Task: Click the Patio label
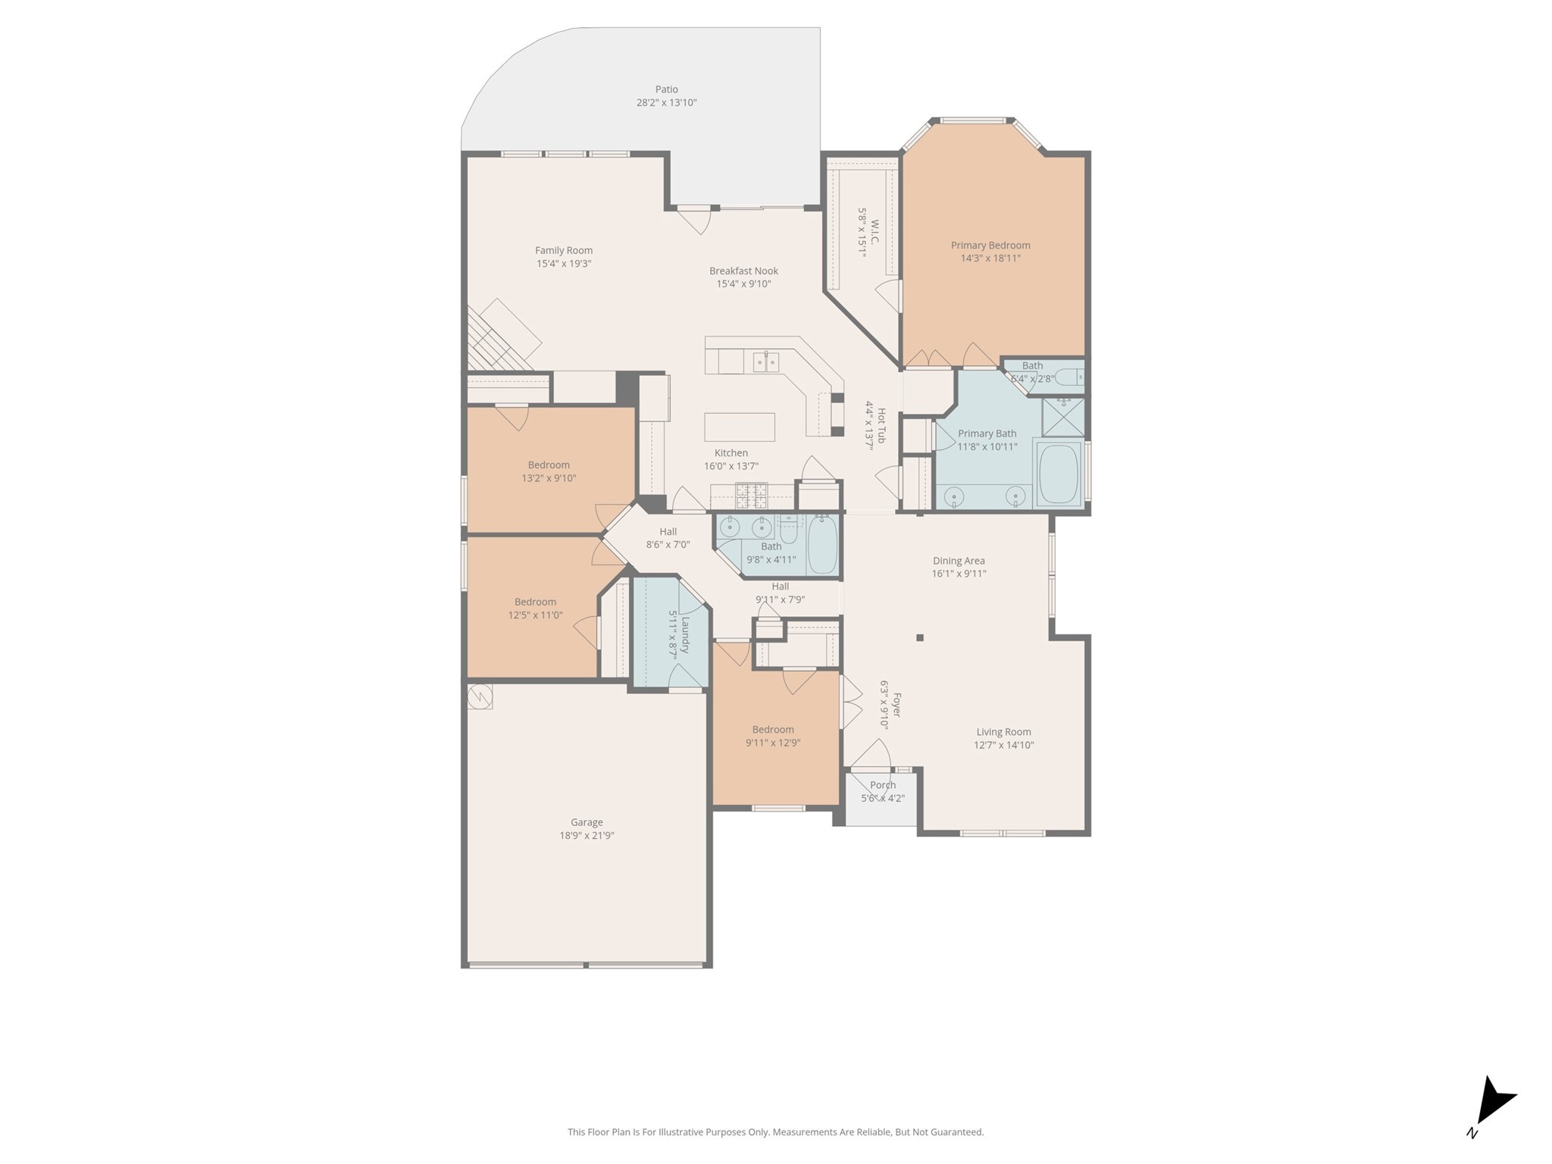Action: coord(666,89)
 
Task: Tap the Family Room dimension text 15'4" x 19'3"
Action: coord(564,264)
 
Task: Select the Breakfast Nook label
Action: coord(743,271)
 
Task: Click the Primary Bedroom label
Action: coord(990,245)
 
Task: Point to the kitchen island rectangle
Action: coord(739,427)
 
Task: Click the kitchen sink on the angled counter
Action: coord(765,362)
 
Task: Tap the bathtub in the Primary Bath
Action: coord(1058,474)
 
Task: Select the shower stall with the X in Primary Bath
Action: coord(1062,417)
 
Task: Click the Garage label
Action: coord(587,822)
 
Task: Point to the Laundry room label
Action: coord(685,635)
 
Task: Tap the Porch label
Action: coord(882,785)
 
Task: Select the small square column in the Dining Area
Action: coord(919,638)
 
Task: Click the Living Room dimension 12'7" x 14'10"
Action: coord(1003,745)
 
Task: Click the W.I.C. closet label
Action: coord(875,232)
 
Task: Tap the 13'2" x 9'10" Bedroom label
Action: coord(549,465)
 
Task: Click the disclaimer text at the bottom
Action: coord(775,1132)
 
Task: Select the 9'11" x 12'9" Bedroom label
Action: coord(772,730)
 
